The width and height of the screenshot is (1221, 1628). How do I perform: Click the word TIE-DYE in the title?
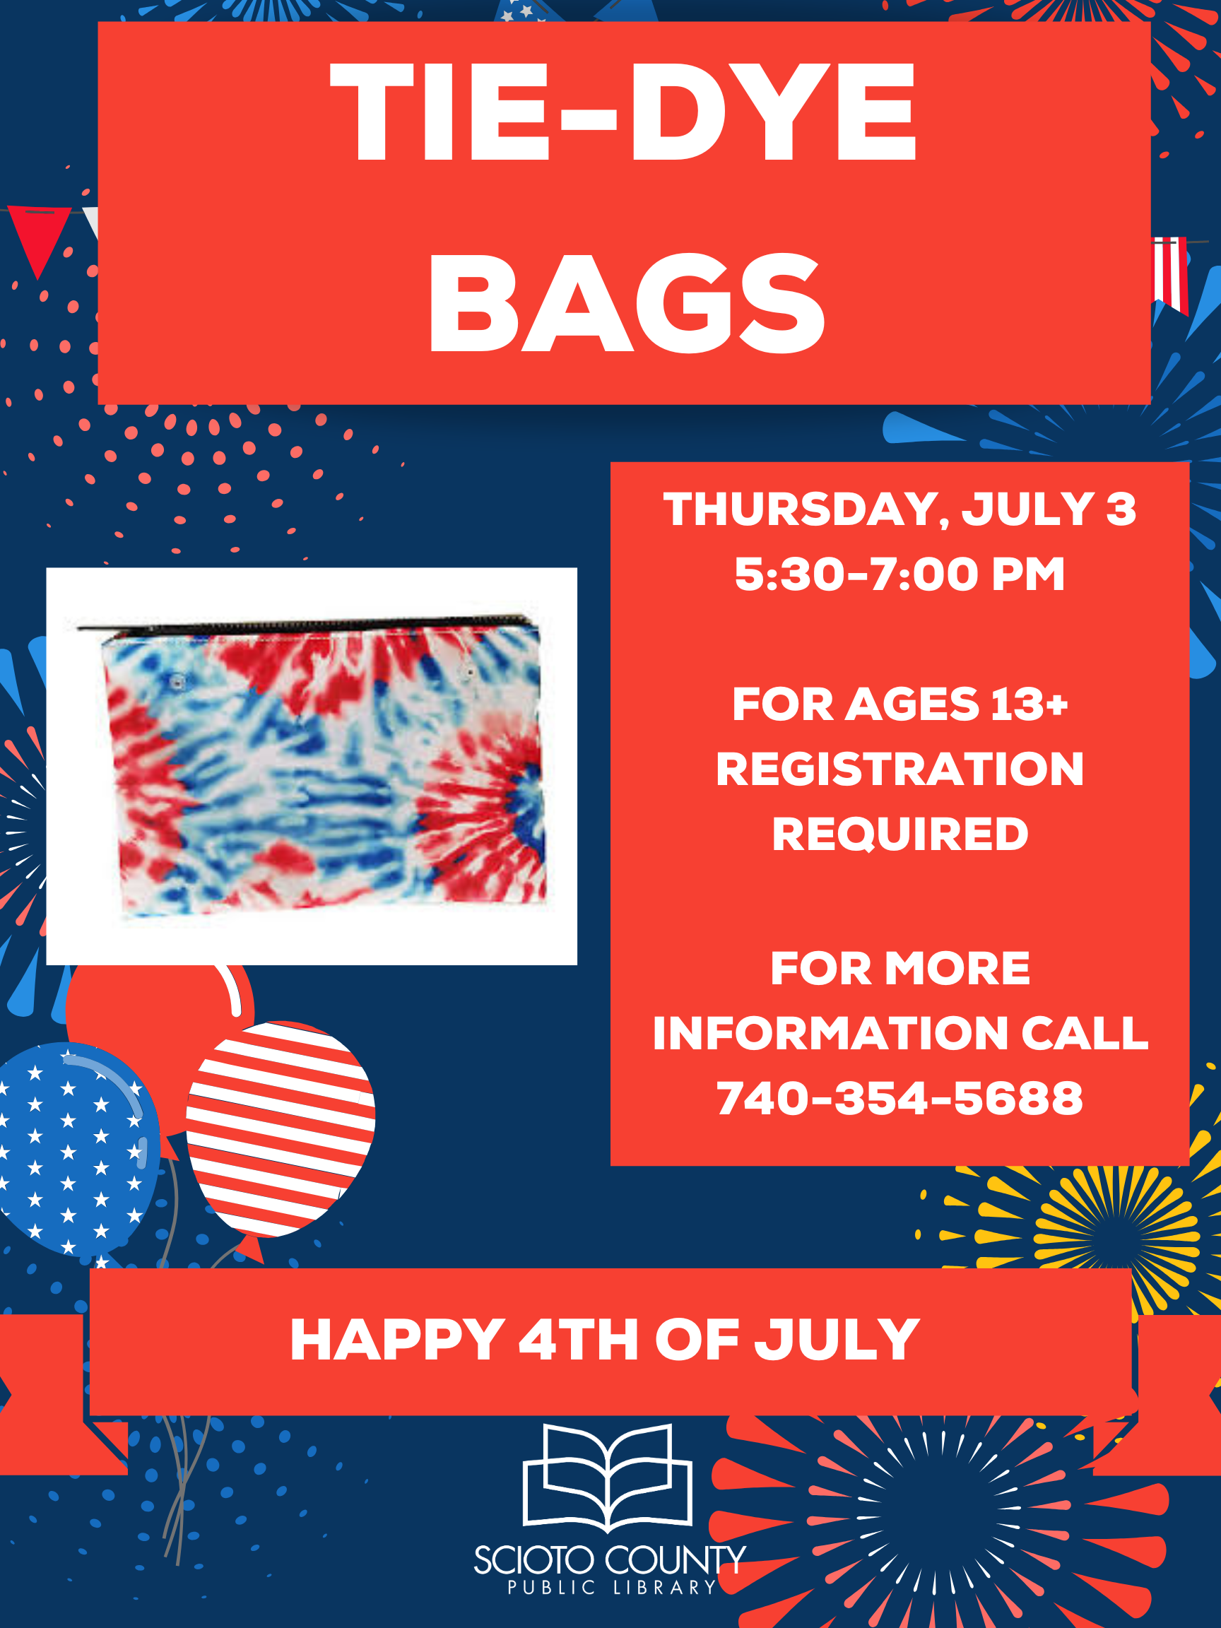[x=623, y=112]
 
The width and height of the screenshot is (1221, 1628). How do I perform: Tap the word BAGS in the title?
[x=627, y=303]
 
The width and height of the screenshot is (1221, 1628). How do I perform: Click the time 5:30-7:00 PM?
[x=899, y=574]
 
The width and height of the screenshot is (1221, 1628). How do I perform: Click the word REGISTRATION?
[x=899, y=769]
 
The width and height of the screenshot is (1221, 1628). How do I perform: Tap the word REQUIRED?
[x=899, y=834]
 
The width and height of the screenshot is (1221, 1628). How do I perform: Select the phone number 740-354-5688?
[x=899, y=1098]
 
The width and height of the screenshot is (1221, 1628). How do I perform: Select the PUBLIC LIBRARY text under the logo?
[x=612, y=1588]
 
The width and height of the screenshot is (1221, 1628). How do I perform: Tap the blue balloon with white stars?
[x=73, y=1148]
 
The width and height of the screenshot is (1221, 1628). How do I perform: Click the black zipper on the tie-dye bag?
[x=307, y=624]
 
